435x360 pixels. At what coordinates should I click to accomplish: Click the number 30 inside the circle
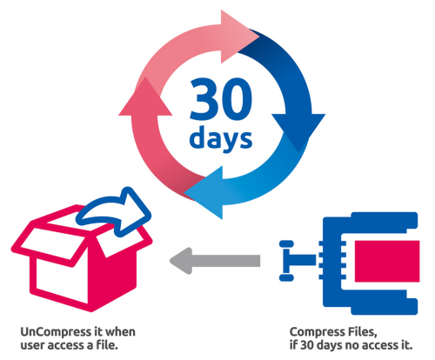(221, 99)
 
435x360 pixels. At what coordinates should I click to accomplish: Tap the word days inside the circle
(221, 138)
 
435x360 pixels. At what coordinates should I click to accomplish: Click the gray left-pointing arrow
(215, 261)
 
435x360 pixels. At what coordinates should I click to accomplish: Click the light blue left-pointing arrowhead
(206, 192)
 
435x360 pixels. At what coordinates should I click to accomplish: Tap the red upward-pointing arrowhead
(145, 98)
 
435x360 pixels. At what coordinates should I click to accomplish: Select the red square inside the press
(387, 261)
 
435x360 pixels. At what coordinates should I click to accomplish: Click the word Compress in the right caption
(314, 332)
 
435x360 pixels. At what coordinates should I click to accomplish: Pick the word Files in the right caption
(358, 332)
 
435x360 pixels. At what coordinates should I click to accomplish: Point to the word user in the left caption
(32, 345)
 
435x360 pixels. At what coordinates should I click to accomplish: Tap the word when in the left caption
(120, 332)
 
